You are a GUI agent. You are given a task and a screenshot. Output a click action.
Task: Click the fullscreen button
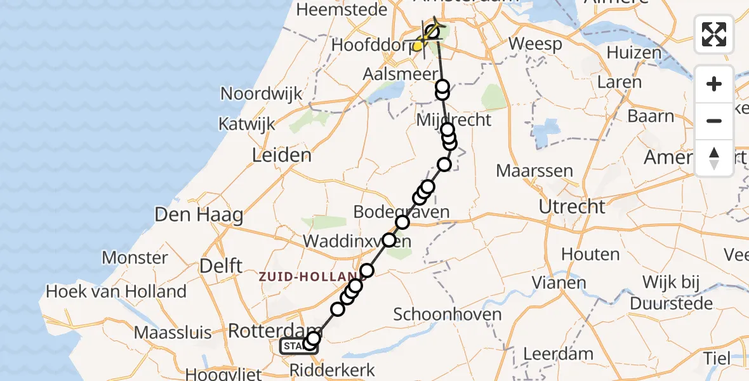pyautogui.click(x=714, y=34)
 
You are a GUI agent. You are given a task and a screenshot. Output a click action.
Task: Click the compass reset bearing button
pyautogui.click(x=714, y=158)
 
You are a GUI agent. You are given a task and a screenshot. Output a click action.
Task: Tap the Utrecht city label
pyautogui.click(x=572, y=206)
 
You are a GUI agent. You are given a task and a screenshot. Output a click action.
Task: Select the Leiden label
pyautogui.click(x=281, y=155)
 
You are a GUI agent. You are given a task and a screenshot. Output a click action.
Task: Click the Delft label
pyautogui.click(x=221, y=265)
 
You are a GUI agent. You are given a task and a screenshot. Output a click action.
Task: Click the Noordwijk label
pyautogui.click(x=261, y=94)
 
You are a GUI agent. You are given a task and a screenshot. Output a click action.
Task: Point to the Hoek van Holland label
pyautogui.click(x=116, y=291)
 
